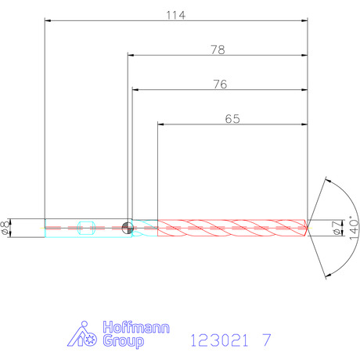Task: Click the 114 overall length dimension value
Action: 176,16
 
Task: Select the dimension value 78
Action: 218,50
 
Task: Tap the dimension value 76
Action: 220,85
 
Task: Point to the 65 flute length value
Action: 232,119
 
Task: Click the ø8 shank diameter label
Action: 5,228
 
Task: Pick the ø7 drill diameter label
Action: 337,228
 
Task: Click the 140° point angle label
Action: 354,228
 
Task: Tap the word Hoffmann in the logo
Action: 136,327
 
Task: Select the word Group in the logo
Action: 123,341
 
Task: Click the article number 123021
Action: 219,340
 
